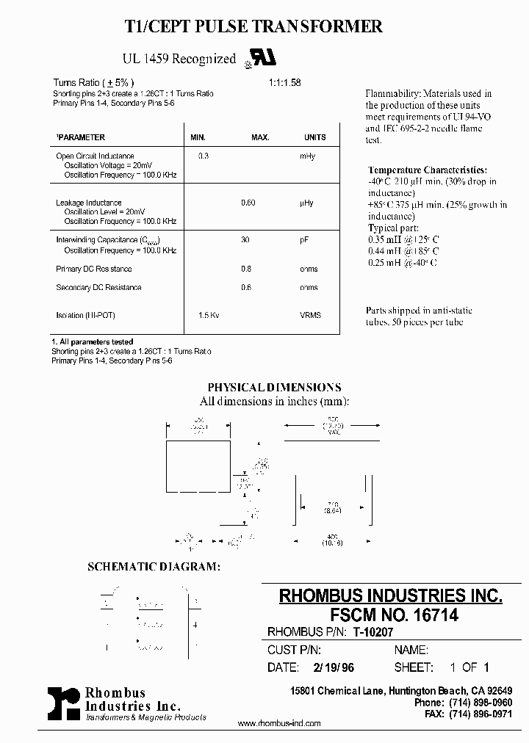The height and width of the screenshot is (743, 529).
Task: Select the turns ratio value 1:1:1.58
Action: click(x=284, y=82)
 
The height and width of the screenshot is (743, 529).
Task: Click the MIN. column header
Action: click(x=198, y=137)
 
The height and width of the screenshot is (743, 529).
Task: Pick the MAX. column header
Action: click(x=260, y=137)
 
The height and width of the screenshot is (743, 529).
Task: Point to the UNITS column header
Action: click(x=314, y=137)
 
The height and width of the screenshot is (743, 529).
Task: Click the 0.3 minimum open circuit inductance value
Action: click(x=204, y=156)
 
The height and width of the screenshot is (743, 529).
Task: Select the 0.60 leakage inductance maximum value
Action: click(x=248, y=203)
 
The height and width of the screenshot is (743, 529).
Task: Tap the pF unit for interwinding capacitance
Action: click(x=303, y=240)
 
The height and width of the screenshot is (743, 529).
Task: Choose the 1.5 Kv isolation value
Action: click(x=209, y=315)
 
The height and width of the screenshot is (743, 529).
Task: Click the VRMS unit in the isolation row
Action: click(x=309, y=315)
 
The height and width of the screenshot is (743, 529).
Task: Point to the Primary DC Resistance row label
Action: click(x=94, y=269)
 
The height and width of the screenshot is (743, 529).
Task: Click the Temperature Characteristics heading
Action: click(x=426, y=170)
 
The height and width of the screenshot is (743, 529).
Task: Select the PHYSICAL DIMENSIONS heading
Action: click(x=274, y=388)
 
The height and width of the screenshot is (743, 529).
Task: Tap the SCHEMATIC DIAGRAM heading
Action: click(x=154, y=568)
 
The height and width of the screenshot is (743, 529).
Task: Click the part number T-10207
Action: click(x=375, y=631)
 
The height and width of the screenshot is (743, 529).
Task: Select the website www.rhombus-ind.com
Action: click(x=279, y=723)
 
